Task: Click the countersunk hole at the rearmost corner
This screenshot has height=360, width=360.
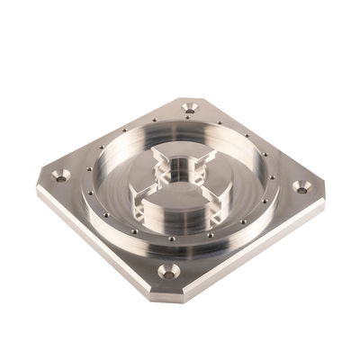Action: pyautogui.click(x=189, y=108)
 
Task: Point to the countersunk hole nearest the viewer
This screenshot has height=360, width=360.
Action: pyautogui.click(x=166, y=269)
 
